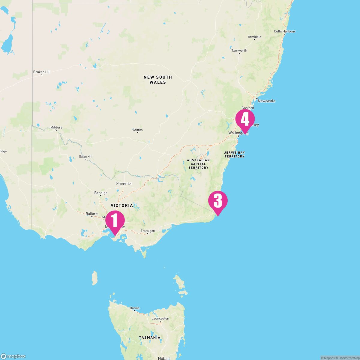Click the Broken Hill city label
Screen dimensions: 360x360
coord(42,72)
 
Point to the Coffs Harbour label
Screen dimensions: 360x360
coord(284,31)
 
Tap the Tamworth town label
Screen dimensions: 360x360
coord(239,51)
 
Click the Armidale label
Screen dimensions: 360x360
coord(254,37)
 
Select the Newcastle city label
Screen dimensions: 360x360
coord(266,101)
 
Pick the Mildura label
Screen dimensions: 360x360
coord(56,127)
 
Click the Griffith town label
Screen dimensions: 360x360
coord(138,130)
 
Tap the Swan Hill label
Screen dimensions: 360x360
coord(85,157)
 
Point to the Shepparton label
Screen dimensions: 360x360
coord(124,183)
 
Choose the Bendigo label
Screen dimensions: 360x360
coord(101,193)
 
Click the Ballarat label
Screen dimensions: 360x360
coord(92,214)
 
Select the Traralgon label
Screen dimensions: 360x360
coord(148,231)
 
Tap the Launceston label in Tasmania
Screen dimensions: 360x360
coord(160,319)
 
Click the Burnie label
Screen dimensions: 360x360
coord(135,308)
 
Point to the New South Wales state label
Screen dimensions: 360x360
coord(158,79)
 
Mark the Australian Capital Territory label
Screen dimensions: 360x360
coord(198,164)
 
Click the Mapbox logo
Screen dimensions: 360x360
coord(13,356)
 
